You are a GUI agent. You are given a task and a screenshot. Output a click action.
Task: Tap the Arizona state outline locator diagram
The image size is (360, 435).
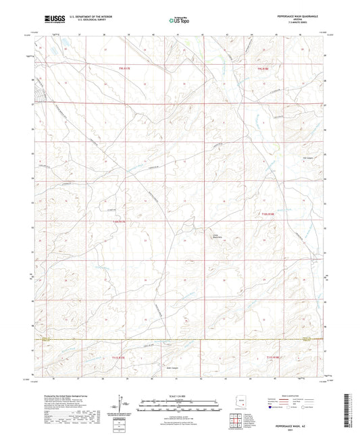[238, 404]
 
